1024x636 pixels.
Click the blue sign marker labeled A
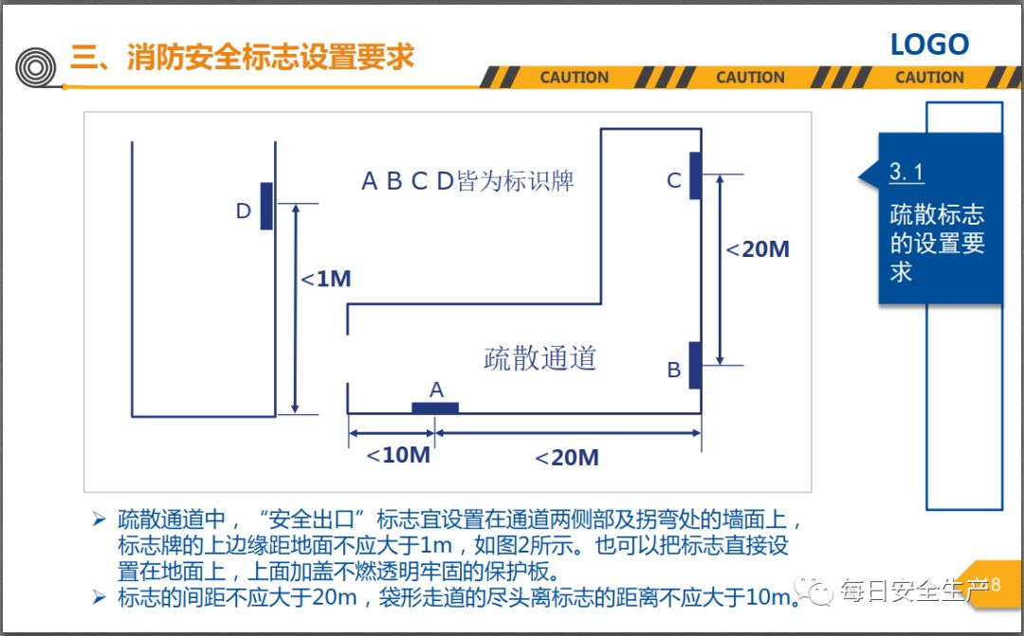[435, 408]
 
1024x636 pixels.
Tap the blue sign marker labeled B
[695, 365]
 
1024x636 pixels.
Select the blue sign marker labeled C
[695, 175]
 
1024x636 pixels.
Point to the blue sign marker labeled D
[266, 206]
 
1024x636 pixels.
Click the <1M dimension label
[326, 279]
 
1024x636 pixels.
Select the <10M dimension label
[398, 455]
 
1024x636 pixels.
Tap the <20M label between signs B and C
[758, 249]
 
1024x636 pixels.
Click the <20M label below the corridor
[566, 458]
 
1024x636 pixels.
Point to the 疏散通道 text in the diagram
[539, 357]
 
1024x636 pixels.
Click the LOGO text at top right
[929, 45]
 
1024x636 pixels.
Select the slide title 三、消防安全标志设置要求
[243, 56]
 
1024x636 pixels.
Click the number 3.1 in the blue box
[906, 173]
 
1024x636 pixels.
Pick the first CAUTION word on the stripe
[575, 78]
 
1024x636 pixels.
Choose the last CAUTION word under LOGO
[929, 78]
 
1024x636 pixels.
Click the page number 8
[995, 585]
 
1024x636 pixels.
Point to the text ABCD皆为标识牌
[467, 181]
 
